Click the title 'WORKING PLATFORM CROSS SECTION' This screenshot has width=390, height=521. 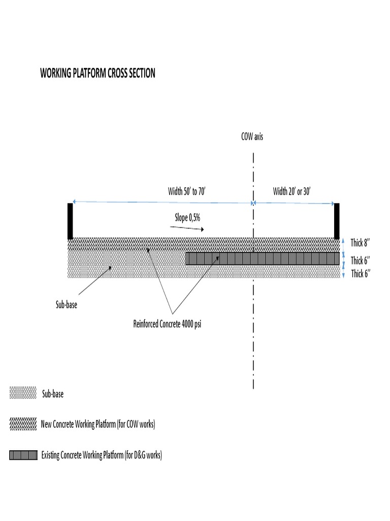pos(97,73)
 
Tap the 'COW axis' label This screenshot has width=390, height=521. pos(252,137)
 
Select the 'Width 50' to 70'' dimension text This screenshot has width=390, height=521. pos(187,192)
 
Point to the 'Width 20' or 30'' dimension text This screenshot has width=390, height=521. pos(292,192)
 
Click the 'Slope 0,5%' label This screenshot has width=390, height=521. pos(188,217)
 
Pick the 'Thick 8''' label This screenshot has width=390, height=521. pos(360,243)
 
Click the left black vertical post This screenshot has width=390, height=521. pos(70,221)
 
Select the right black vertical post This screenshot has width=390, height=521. pos(336,221)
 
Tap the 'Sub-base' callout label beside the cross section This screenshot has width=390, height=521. pos(67,306)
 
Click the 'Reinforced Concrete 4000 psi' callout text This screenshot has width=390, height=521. pos(167,325)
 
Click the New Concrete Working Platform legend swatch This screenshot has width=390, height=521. pos(23,424)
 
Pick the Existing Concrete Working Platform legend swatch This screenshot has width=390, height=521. pos(23,455)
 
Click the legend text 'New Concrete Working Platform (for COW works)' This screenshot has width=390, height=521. pos(97,424)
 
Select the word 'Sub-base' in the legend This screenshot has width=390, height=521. pos(53,394)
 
